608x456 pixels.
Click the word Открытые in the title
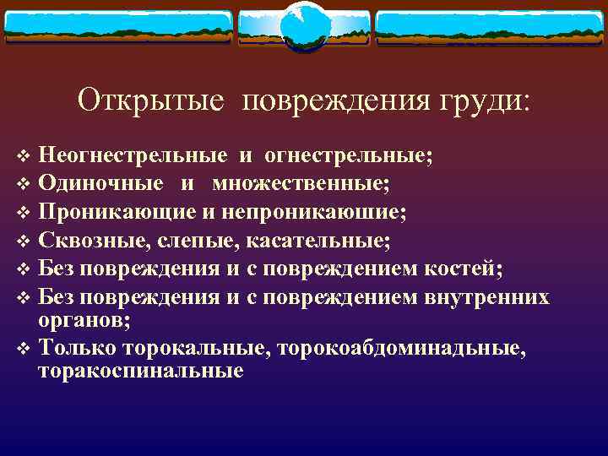(151, 100)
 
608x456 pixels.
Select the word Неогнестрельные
(133, 155)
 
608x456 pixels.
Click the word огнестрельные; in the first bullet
(348, 155)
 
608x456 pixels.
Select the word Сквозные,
(92, 242)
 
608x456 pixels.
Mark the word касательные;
(318, 242)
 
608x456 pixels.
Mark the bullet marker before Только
(23, 348)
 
